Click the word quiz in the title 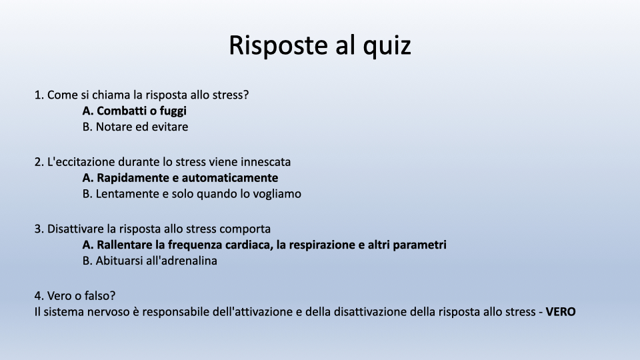click(387, 46)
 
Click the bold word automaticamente click(230, 178)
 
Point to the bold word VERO click(561, 312)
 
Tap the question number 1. click(39, 95)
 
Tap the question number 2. click(39, 162)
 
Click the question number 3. click(39, 229)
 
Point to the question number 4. click(39, 296)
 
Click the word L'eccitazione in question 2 click(81, 162)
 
